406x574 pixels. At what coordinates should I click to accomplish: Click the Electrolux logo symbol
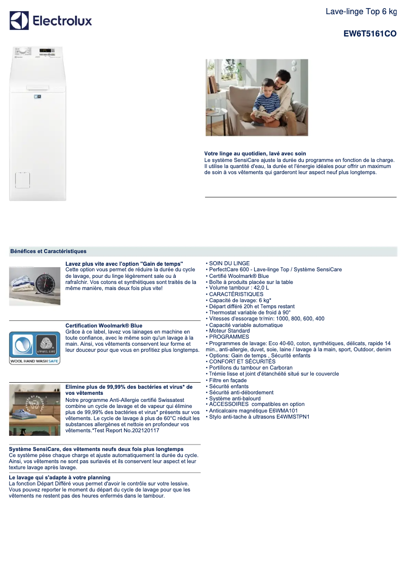(19, 21)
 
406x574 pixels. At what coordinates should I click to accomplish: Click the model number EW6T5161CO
(370, 34)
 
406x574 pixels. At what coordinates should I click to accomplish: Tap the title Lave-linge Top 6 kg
(361, 12)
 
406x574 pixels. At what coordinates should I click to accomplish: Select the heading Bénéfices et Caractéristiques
(48, 251)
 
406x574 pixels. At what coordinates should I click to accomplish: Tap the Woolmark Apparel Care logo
(47, 345)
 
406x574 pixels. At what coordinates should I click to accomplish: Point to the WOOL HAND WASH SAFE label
(34, 361)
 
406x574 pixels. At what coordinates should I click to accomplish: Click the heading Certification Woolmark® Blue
(104, 325)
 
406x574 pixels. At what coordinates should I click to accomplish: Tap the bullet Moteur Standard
(229, 331)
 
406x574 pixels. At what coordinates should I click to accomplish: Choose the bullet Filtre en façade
(228, 380)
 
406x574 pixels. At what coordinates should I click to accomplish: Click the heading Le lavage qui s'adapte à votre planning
(60, 477)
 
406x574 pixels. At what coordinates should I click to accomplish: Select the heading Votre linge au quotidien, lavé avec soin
(255, 153)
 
